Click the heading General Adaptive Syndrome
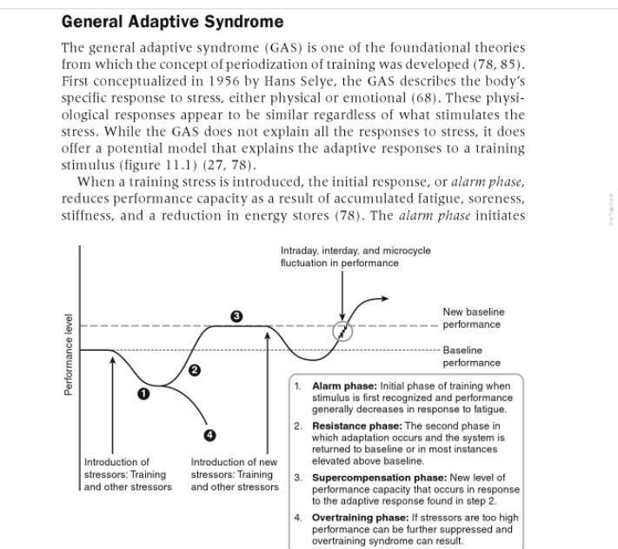[172, 22]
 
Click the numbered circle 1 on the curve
[144, 393]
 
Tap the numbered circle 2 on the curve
[195, 371]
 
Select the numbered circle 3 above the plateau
[236, 316]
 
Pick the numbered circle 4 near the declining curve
[209, 435]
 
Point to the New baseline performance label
[473, 318]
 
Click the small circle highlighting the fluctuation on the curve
[343, 331]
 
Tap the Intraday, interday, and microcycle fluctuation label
[355, 257]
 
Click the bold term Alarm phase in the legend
[344, 386]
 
